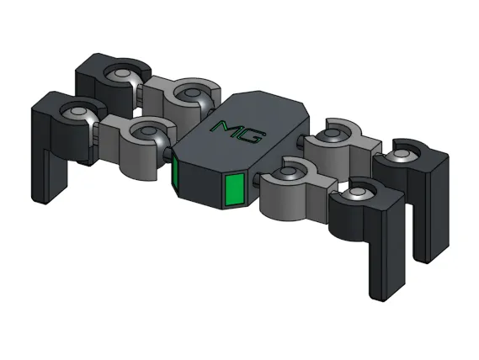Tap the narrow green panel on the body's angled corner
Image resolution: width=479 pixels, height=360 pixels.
[x=177, y=174]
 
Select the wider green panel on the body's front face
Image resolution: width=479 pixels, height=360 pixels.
[x=234, y=189]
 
